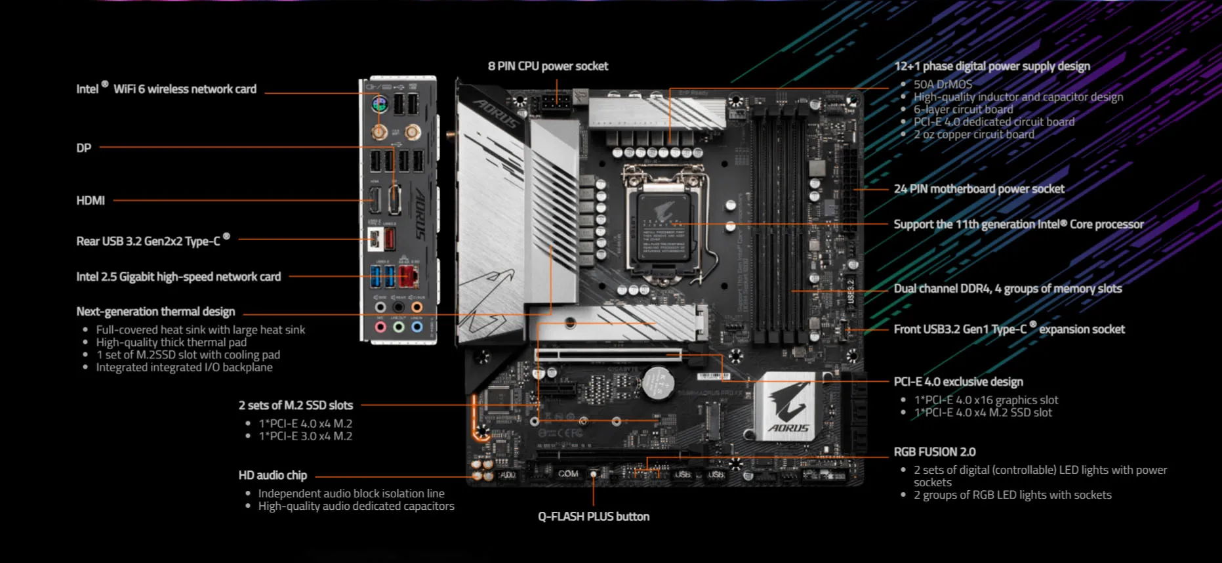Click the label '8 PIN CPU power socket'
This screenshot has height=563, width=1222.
pos(548,66)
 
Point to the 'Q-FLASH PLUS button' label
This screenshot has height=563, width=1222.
pos(594,516)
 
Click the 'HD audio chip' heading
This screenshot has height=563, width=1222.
pos(272,475)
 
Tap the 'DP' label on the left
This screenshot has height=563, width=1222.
pos(84,148)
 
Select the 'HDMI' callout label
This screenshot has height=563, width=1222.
pos(91,201)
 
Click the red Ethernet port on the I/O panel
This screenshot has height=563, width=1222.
pos(409,276)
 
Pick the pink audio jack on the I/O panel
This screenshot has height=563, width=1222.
pos(380,326)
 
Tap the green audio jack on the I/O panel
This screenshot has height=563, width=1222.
pos(399,326)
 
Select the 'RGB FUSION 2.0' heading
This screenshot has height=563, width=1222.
pos(934,452)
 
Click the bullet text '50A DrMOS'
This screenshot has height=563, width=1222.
pos(943,84)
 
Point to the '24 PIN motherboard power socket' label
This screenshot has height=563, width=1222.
pos(979,189)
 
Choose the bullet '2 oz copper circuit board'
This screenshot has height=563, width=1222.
pos(973,135)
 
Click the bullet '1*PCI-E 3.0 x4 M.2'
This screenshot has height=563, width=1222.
pos(305,436)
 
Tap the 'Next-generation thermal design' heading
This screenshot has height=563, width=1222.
pos(155,312)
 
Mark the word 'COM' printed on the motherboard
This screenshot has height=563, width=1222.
pos(568,473)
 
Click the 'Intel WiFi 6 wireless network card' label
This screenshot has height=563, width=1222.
pos(167,89)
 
